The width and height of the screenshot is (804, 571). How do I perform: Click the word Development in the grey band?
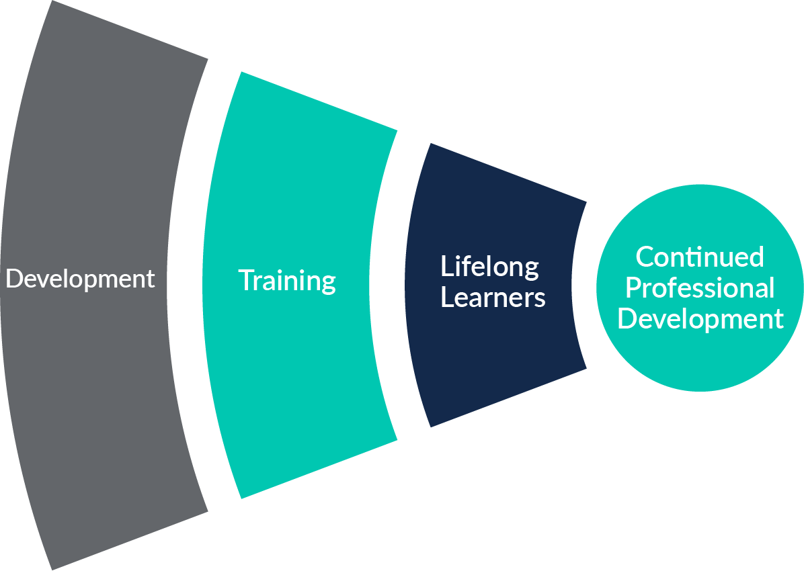[x=80, y=279]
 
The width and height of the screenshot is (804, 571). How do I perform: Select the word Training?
[x=287, y=281]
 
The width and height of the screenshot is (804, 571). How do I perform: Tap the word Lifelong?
[x=489, y=267]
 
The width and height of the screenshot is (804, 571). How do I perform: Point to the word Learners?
[x=493, y=298]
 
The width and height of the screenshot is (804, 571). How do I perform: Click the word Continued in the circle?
[x=700, y=257]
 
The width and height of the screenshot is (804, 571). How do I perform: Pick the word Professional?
[x=700, y=288]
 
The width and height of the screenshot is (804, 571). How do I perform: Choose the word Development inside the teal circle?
[x=700, y=318]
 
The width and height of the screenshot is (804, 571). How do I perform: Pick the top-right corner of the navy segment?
[x=586, y=202]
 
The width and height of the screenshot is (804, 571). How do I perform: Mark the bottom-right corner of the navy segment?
[x=586, y=367]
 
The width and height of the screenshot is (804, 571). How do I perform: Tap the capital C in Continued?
[x=644, y=257]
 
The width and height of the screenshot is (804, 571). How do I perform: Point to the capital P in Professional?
[x=633, y=288]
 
